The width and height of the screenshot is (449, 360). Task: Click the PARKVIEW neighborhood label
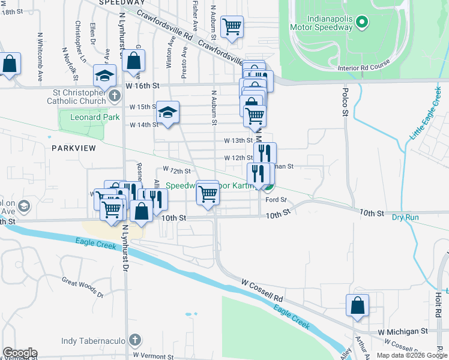(x=74, y=148)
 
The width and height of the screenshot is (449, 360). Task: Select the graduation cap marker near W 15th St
(x=168, y=112)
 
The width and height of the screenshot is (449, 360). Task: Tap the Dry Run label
(x=405, y=217)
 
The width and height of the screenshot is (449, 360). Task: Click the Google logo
(x=20, y=353)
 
